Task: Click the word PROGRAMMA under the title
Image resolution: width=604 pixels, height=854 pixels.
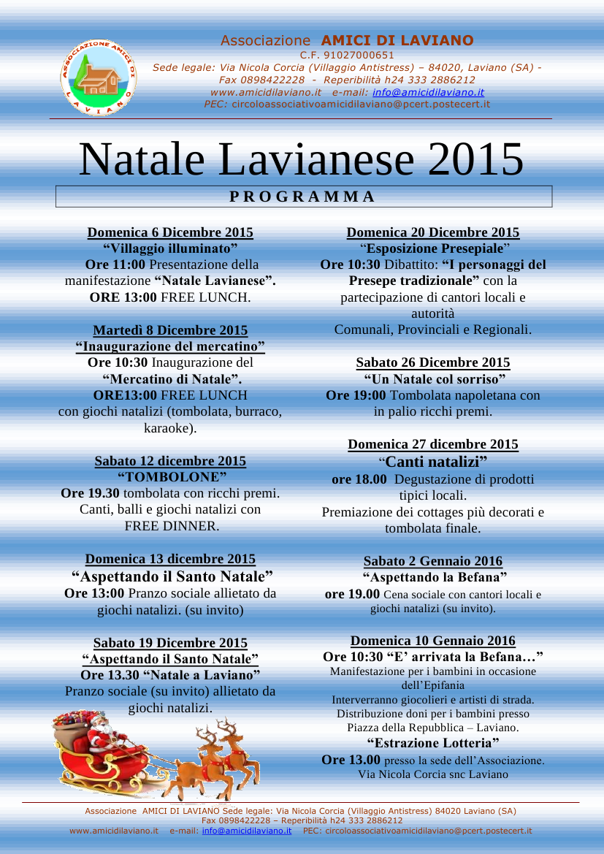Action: coord(302,197)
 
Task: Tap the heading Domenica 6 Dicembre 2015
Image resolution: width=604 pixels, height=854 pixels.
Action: coord(170,232)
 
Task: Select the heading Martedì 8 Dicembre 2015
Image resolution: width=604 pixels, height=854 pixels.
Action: coord(170,330)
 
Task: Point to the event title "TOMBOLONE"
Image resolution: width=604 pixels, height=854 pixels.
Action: coord(170,477)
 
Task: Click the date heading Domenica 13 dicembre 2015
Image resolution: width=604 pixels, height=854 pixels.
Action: coord(170,560)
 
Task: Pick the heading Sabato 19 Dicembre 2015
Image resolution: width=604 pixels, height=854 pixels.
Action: coord(170,643)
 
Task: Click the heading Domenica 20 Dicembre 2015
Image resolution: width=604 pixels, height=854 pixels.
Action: coord(432,232)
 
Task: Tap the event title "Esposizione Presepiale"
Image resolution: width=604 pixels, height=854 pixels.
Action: coord(432,248)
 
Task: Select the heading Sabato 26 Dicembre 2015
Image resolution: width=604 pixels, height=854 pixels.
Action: coord(432,362)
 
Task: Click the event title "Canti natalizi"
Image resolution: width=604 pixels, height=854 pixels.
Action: coord(432,462)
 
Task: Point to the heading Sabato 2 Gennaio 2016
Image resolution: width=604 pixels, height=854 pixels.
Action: coord(432,561)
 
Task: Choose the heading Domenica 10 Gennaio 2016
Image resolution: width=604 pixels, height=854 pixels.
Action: coord(432,641)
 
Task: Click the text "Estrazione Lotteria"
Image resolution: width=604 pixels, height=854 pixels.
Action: coord(432,744)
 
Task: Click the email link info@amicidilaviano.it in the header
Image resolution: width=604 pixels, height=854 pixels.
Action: coord(428,93)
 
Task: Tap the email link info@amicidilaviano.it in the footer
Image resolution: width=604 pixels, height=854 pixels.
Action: coord(246,831)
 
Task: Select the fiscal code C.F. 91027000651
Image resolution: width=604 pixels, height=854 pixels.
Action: coord(347,55)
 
